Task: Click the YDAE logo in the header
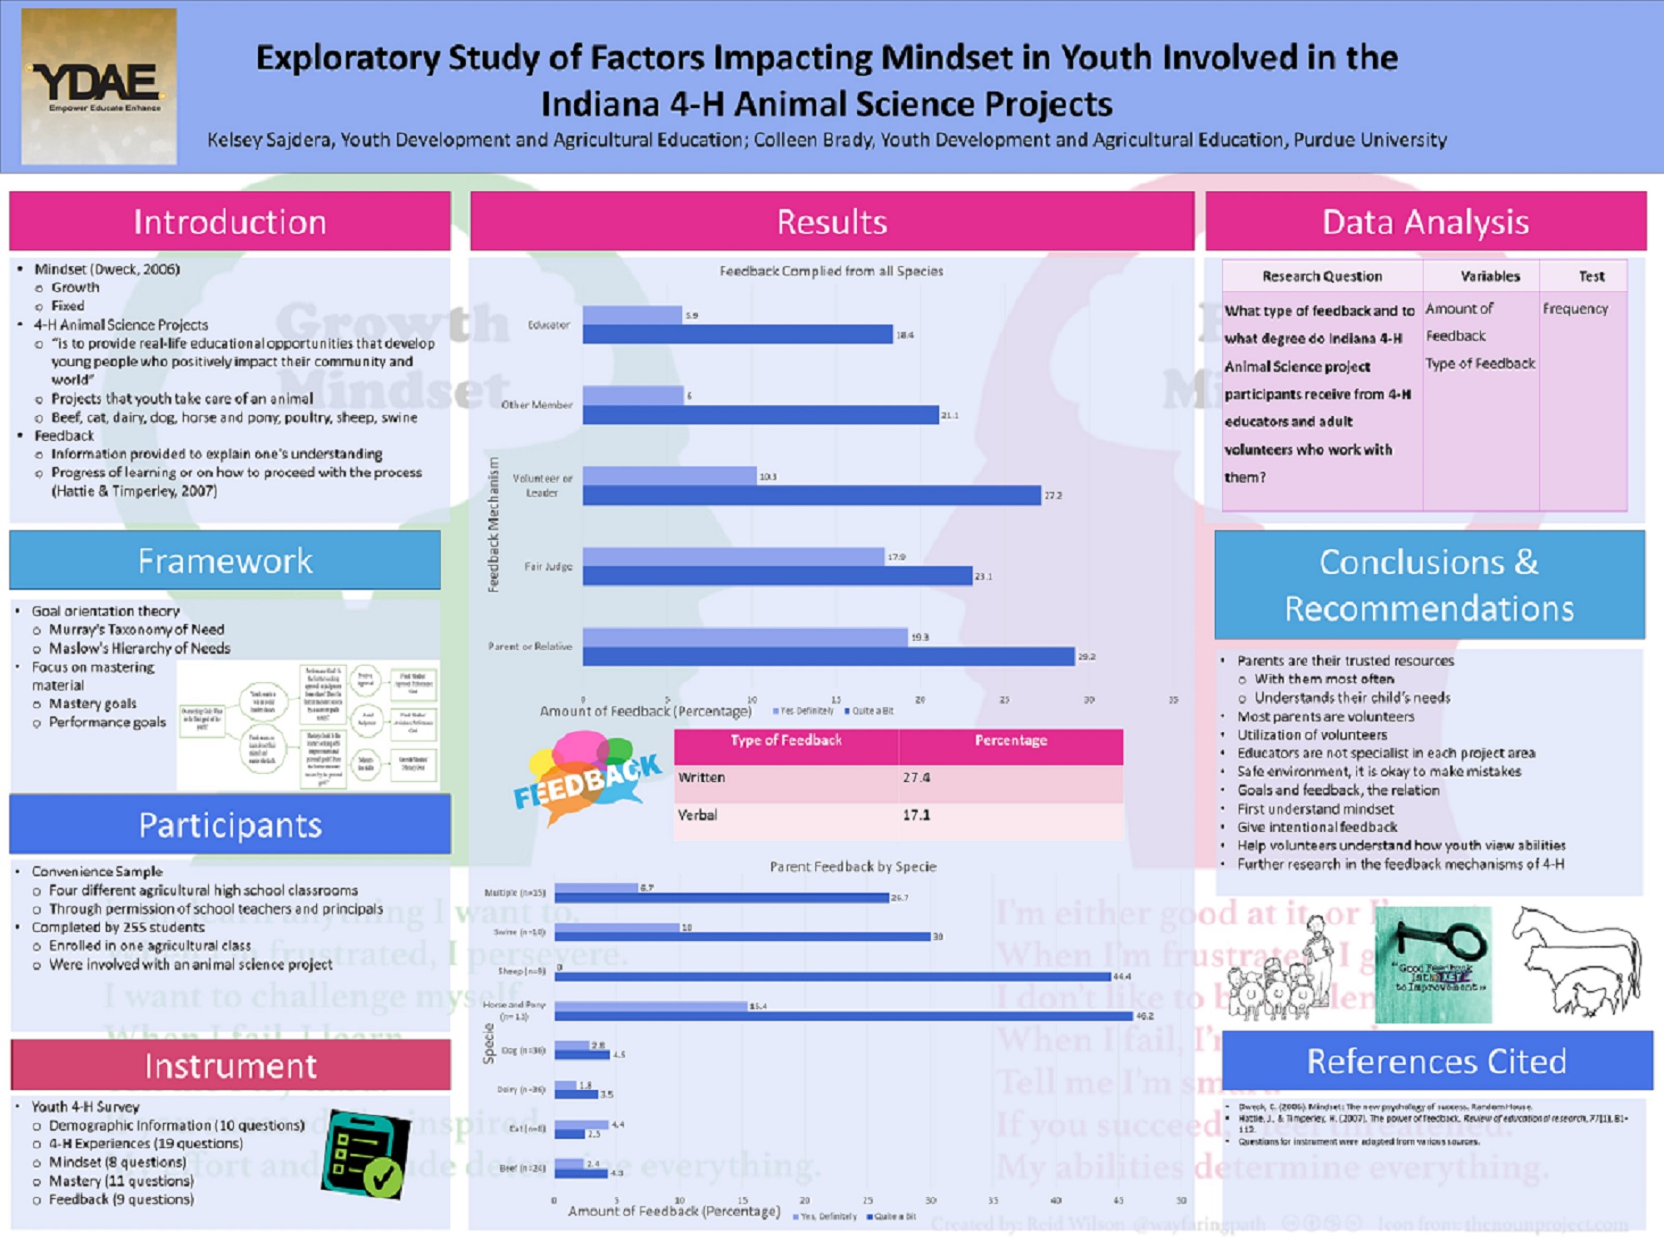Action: tap(98, 87)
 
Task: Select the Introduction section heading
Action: tap(230, 222)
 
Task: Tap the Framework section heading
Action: tap(225, 561)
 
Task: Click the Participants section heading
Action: tap(230, 825)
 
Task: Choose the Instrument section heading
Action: tap(230, 1066)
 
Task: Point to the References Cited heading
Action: tap(1436, 1061)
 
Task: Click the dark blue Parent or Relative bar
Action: tap(828, 657)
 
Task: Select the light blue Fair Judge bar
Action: tap(733, 557)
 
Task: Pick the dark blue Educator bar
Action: tap(737, 334)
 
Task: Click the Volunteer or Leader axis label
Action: tap(542, 485)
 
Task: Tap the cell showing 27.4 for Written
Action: tap(1010, 778)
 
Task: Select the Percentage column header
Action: tap(1010, 740)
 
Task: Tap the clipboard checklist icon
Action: tap(365, 1154)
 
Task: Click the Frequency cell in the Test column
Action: tap(1575, 309)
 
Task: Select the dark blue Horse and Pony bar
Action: tap(843, 1016)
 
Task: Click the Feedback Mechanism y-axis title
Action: tap(493, 524)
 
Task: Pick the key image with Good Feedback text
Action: tap(1433, 965)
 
